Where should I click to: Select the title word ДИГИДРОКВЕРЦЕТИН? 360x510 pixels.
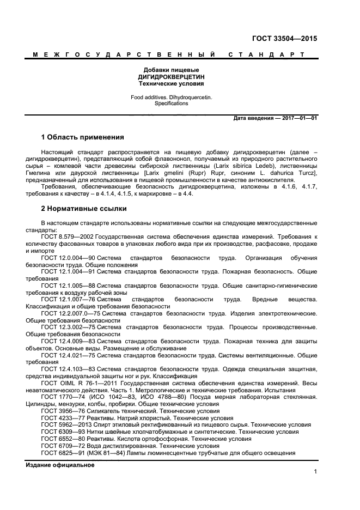tap(171, 77)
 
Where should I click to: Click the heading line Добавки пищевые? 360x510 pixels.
tap(171, 70)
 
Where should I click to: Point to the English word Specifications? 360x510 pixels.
tap(171, 103)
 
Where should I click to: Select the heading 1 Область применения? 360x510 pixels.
tap(82, 137)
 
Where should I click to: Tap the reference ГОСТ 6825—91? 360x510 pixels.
tap(61, 452)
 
